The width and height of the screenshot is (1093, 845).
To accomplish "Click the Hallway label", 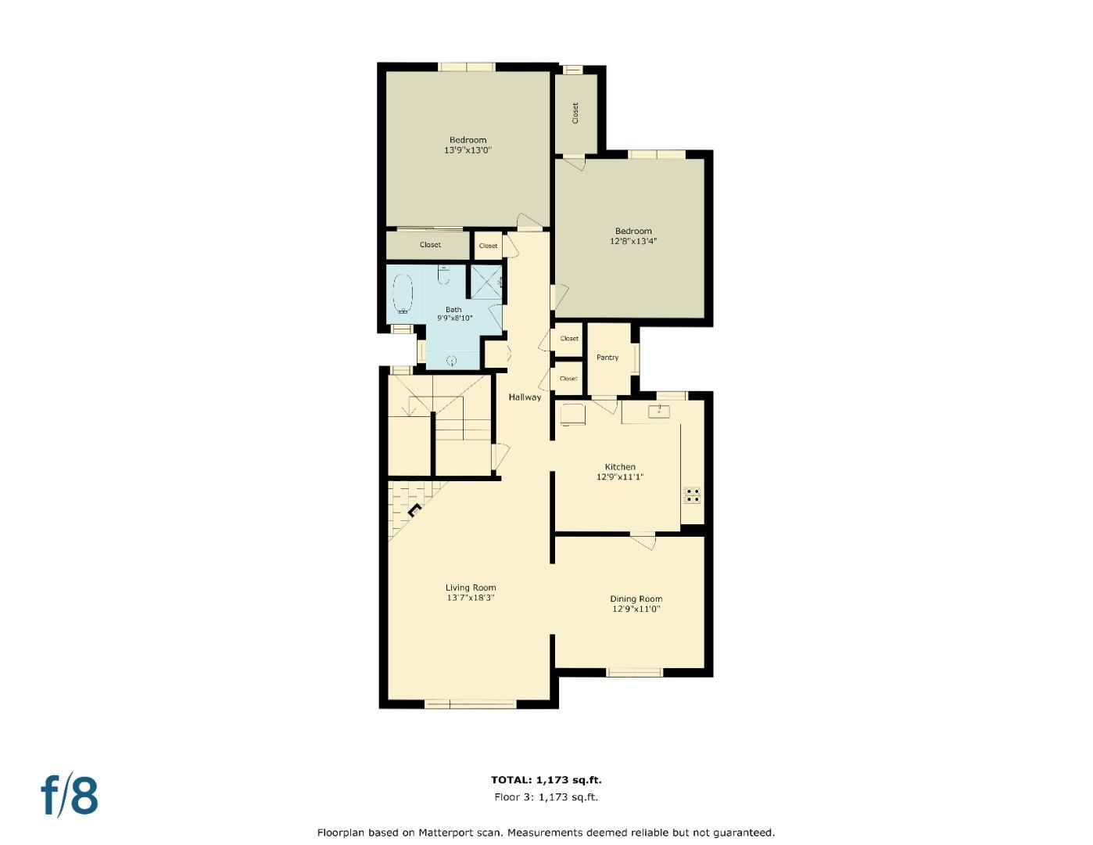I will (525, 397).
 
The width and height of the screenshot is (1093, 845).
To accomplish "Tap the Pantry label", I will (607, 358).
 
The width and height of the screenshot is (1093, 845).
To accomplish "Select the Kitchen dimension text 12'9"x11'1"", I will (620, 477).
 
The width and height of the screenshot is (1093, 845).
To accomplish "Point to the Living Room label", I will (471, 588).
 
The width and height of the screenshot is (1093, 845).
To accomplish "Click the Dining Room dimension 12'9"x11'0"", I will (636, 609).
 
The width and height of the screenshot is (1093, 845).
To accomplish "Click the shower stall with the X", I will (486, 282).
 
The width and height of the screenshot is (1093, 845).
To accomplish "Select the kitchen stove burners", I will (692, 495).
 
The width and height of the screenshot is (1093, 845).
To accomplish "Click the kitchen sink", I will (658, 412).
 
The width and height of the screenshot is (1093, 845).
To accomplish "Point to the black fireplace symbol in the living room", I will (414, 511).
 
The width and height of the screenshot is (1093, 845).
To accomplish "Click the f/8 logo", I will (70, 795).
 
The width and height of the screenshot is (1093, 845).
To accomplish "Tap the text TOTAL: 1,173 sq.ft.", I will (546, 780).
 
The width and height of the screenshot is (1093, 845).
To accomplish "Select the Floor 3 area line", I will (546, 797).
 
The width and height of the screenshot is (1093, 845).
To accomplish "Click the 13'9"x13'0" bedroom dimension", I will (468, 150).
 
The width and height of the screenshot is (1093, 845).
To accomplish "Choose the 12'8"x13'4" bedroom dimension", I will (633, 242).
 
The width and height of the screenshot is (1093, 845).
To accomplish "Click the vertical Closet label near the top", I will (576, 113).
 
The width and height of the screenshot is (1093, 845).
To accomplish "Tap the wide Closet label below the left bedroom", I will (430, 245).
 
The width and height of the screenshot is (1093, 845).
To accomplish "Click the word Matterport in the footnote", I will (446, 832).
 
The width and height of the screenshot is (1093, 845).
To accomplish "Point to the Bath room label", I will (453, 310).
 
